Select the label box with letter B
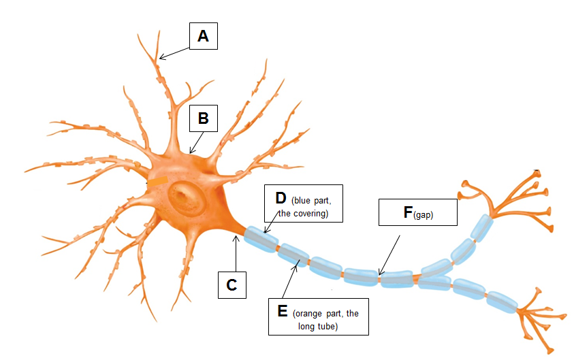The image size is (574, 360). pyautogui.click(x=203, y=118)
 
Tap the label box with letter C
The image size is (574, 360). pyautogui.click(x=232, y=285)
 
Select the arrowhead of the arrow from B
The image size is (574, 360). pyautogui.click(x=191, y=151)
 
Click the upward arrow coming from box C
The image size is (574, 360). pyautogui.click(x=234, y=252)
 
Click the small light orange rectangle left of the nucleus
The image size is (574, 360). pyautogui.click(x=157, y=182)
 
